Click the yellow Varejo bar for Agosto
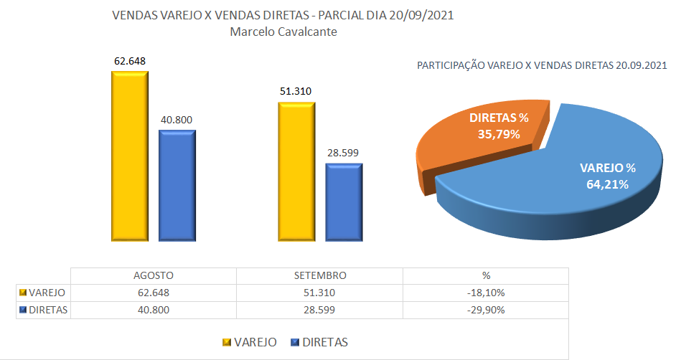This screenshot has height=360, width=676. [129, 156]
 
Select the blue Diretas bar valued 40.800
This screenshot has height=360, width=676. [177, 185]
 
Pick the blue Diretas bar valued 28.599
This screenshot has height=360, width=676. [344, 202]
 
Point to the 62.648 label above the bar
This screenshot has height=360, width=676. [130, 61]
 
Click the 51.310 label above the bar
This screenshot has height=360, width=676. [296, 91]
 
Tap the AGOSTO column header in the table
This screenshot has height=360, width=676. [154, 275]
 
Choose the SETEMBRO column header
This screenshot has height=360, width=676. [320, 275]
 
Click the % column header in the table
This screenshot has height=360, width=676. [486, 275]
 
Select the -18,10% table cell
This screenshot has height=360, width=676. [486, 293]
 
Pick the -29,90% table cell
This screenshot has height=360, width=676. [486, 310]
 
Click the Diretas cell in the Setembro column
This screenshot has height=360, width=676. [320, 310]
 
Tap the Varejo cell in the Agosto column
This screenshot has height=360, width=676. [154, 293]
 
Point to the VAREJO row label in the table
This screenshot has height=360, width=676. [47, 293]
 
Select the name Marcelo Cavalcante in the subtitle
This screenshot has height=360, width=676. [283, 32]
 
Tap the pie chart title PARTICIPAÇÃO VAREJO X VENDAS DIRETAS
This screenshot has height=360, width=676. [515, 65]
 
